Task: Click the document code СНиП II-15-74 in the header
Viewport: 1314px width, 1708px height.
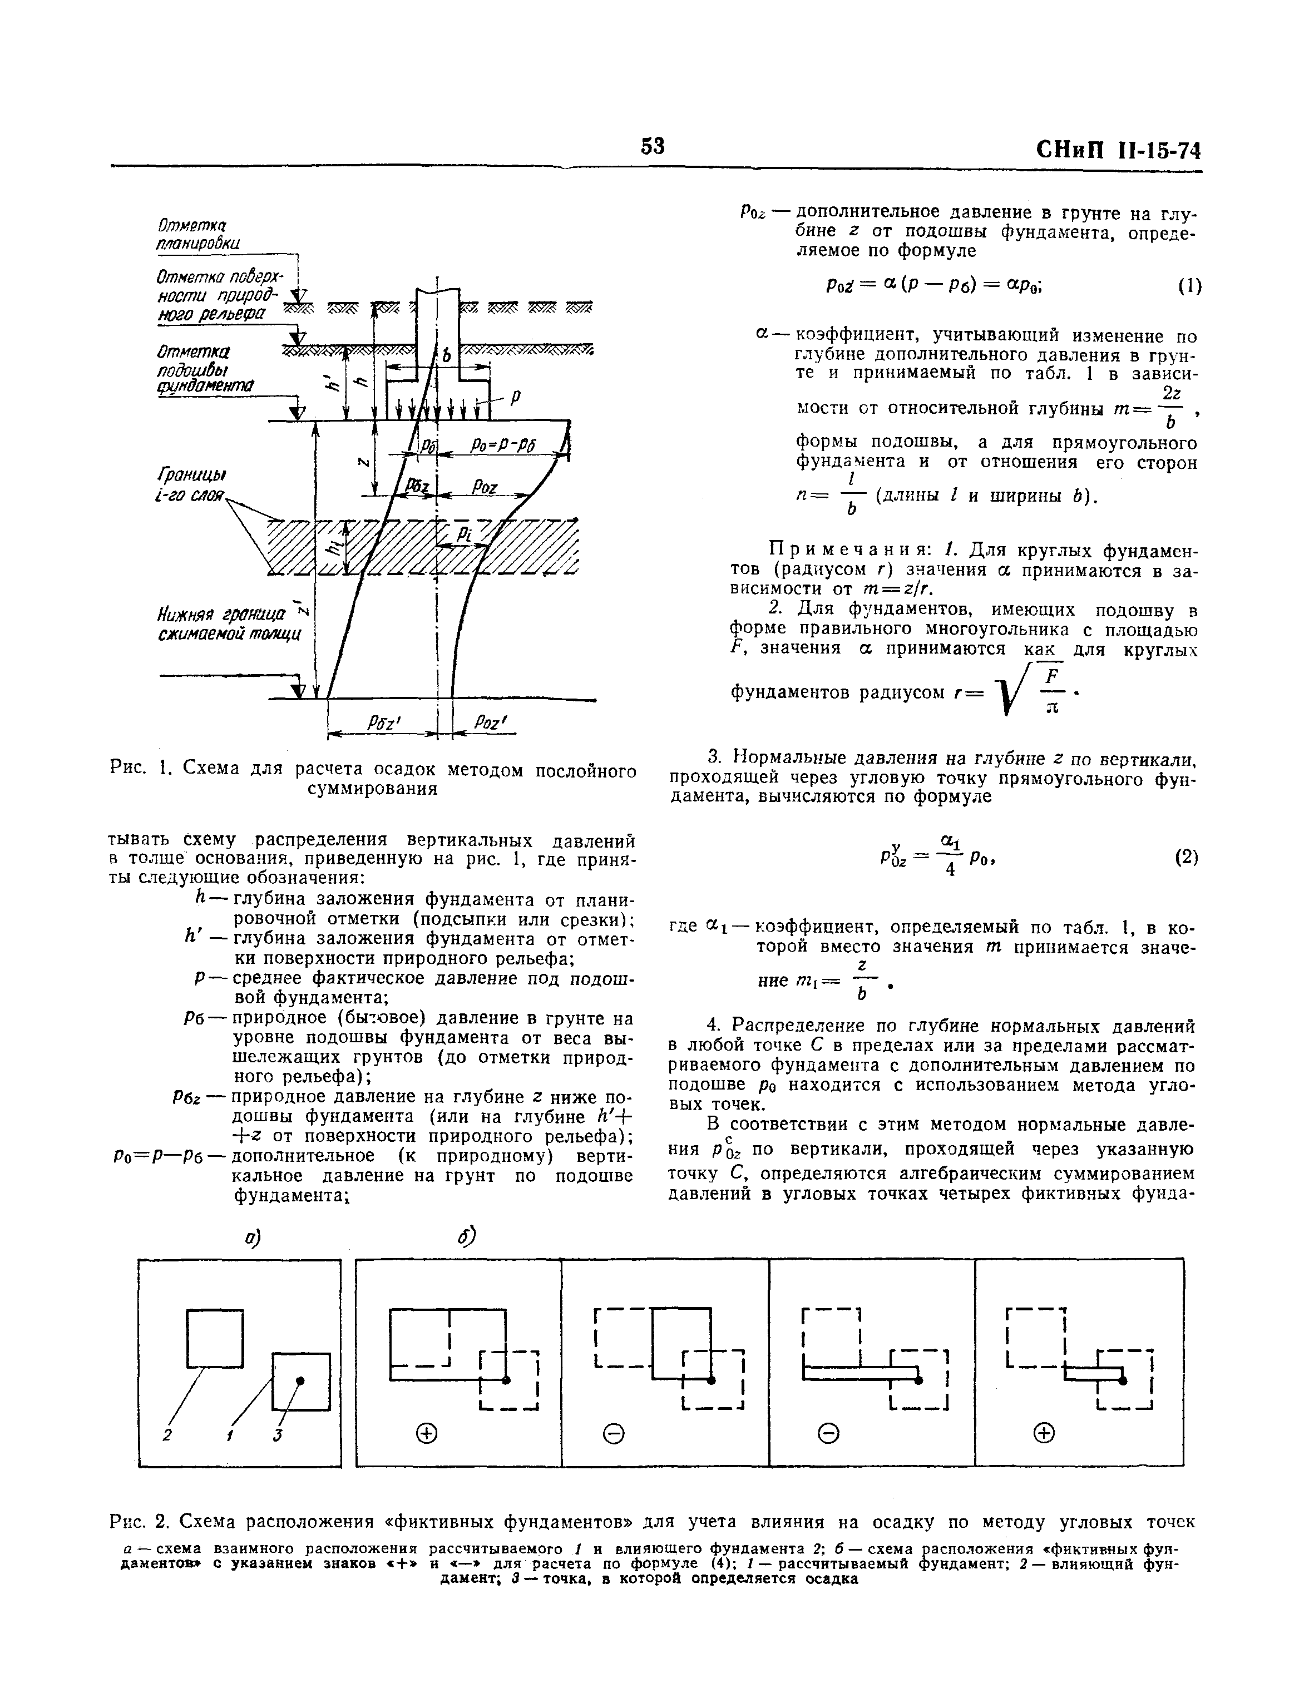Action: (x=1119, y=150)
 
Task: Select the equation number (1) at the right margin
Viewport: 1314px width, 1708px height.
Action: (x=1189, y=286)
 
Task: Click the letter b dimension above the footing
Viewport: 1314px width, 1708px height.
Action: (x=447, y=356)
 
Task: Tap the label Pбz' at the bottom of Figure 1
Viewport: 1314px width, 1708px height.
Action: (x=383, y=724)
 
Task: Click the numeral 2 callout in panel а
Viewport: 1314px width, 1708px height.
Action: (x=166, y=1435)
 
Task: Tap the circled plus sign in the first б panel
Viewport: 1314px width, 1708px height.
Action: (x=426, y=1433)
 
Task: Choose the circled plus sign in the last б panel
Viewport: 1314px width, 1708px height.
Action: (x=1044, y=1433)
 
